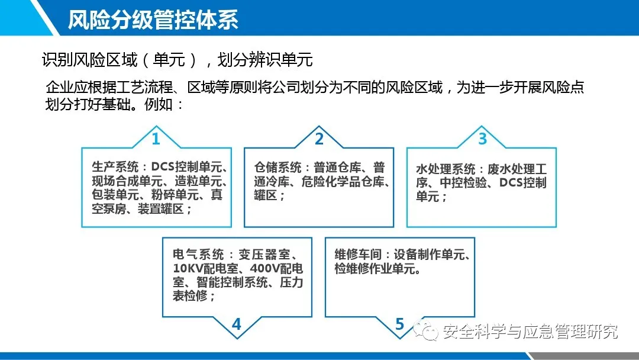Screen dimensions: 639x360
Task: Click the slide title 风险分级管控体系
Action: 153,19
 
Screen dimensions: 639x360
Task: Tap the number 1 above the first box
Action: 156,139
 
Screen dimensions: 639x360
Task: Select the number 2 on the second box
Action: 319,139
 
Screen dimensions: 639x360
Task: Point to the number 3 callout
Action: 483,139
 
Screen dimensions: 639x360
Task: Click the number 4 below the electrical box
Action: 236,324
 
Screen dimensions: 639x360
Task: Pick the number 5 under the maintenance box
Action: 399,324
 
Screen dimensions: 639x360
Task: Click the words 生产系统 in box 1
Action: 115,167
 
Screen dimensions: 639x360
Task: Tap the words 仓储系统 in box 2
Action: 277,168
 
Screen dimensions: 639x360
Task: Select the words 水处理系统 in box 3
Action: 446,169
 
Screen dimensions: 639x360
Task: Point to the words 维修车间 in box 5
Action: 358,255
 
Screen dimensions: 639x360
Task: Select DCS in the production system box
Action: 163,167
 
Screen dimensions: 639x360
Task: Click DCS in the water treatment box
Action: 511,182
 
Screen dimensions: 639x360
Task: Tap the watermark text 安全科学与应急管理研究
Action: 530,332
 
